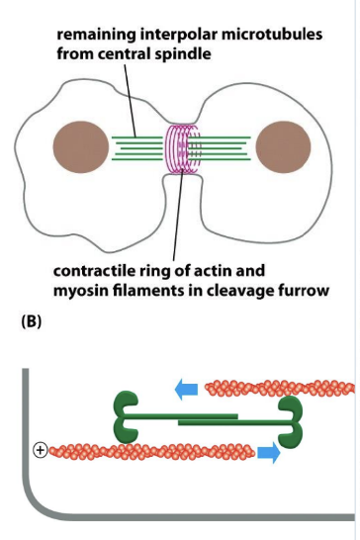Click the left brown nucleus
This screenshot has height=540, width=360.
pos(81,146)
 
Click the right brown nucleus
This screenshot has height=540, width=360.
pos(283,146)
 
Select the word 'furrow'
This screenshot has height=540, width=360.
pos(305,291)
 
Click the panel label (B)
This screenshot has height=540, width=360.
pos(32,321)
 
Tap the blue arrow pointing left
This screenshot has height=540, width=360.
pos(186,390)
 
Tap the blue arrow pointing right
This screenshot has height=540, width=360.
pos(269,453)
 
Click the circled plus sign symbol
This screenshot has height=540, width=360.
pos(41,450)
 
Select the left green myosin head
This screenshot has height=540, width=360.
pos(126,417)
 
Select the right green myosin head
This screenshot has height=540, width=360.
pos(291,422)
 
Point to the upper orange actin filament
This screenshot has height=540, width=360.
pos(280,388)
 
